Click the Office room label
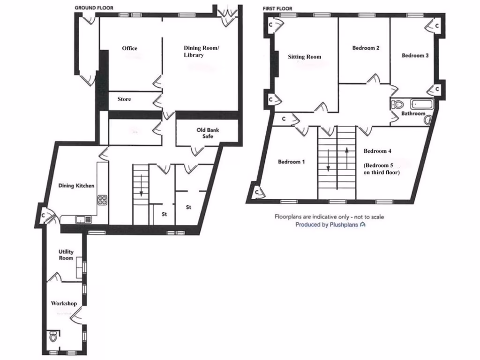[129, 48]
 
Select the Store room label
[124, 99]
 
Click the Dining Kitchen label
[76, 186]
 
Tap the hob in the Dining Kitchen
[102, 201]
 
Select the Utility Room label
[66, 255]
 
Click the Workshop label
[64, 303]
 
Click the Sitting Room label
[305, 57]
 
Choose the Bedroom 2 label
[366, 48]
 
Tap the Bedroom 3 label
[415, 55]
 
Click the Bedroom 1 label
[292, 162]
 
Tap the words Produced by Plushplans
[327, 225]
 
